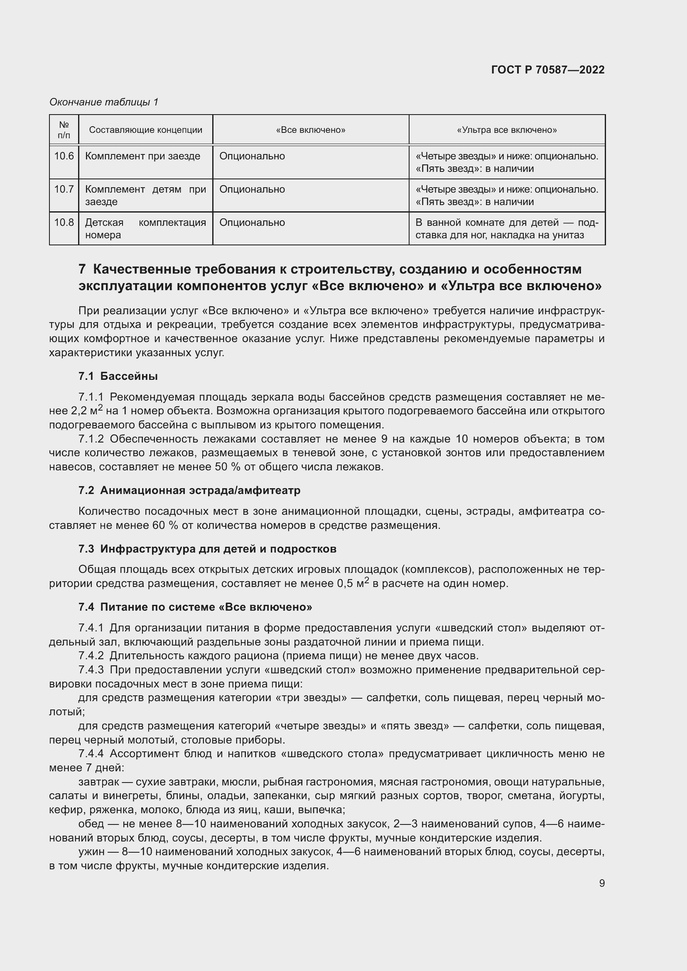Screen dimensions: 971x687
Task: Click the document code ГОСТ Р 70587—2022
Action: (x=548, y=70)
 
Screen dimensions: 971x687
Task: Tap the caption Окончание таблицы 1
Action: (x=104, y=102)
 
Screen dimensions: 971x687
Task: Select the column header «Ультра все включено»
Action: (x=507, y=130)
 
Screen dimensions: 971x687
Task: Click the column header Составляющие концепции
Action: (x=145, y=130)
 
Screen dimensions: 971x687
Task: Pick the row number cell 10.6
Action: (x=64, y=156)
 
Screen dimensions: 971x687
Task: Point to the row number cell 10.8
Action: (x=64, y=223)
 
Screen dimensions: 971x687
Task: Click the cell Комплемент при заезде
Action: (x=142, y=156)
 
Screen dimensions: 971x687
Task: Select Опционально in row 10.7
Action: (x=252, y=189)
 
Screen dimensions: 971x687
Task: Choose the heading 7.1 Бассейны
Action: (x=118, y=376)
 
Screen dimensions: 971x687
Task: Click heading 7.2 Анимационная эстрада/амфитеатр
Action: (x=189, y=491)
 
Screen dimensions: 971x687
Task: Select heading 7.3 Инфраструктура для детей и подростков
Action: (x=207, y=549)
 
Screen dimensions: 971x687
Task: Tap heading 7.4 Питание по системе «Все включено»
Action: (x=195, y=607)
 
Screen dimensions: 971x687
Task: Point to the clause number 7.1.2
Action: (x=91, y=439)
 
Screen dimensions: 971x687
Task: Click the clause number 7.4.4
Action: (x=91, y=753)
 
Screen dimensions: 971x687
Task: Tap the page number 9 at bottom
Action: (x=601, y=883)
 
